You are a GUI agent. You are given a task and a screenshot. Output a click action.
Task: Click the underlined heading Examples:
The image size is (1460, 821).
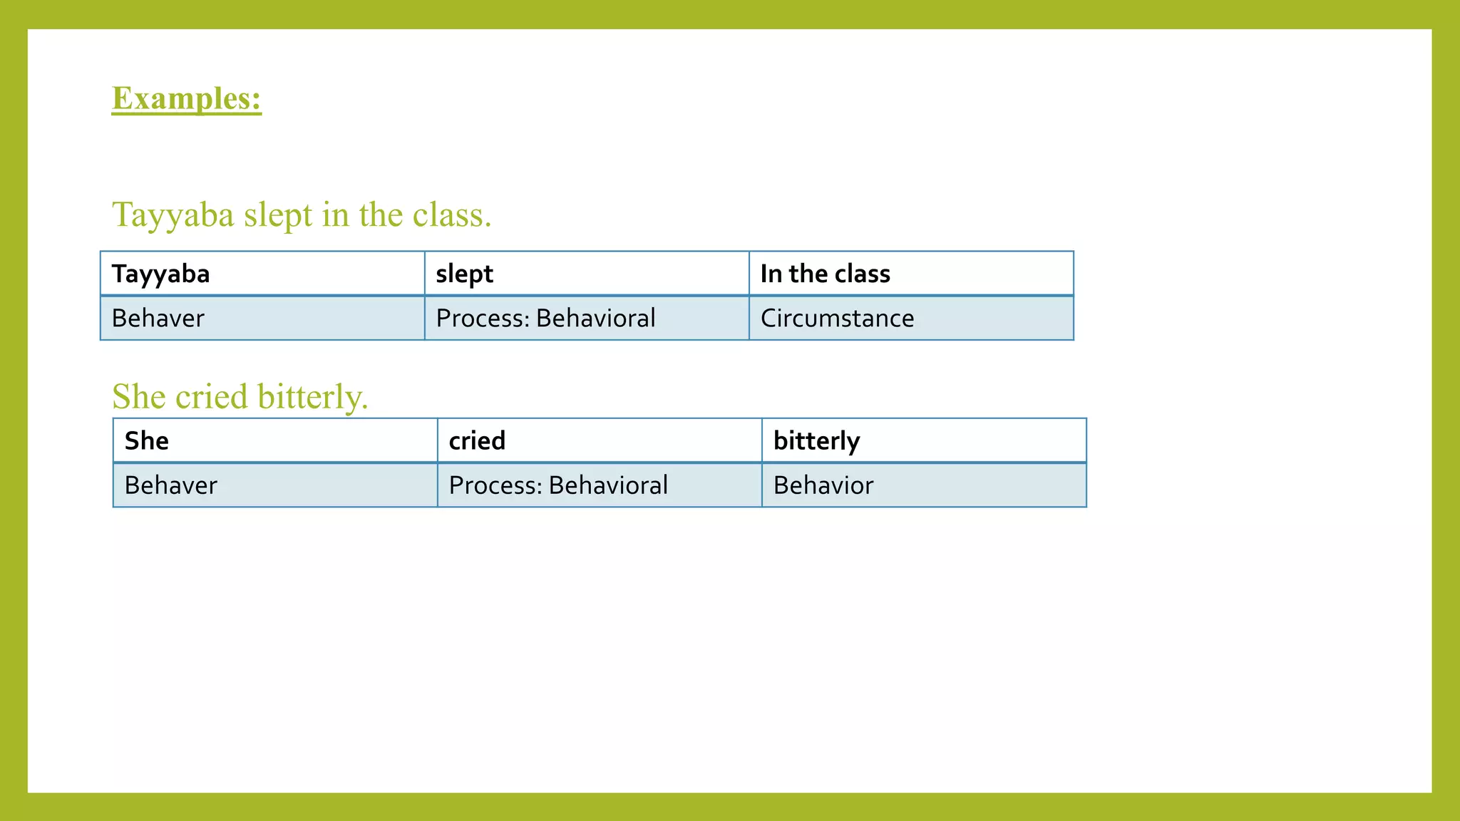click(187, 98)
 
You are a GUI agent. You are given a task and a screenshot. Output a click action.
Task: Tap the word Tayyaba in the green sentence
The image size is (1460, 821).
click(173, 215)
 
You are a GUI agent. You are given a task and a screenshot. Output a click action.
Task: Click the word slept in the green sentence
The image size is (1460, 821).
click(278, 215)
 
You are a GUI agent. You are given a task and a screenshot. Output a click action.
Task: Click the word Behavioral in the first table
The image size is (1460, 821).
click(595, 318)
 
